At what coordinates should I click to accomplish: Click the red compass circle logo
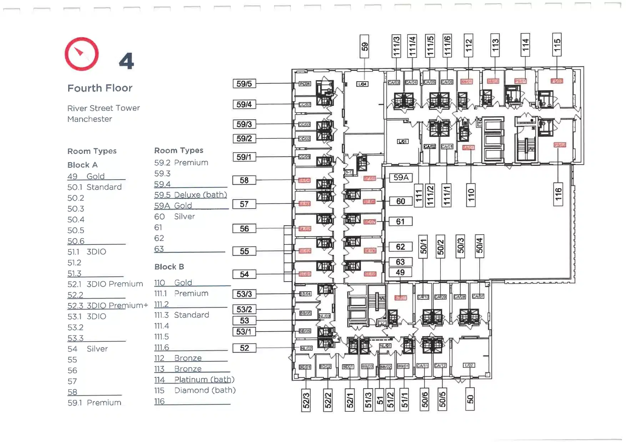click(82, 54)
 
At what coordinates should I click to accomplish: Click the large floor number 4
click(126, 61)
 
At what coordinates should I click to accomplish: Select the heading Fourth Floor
click(100, 88)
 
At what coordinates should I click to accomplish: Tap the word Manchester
click(90, 119)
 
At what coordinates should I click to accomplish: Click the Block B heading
click(169, 267)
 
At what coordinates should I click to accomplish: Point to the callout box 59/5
click(244, 84)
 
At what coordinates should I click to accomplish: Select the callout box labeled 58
click(244, 180)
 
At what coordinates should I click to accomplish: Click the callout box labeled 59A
click(401, 178)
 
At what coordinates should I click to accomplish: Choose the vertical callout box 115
click(557, 45)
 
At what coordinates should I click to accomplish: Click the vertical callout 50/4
click(479, 246)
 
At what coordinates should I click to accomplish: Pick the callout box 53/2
click(244, 309)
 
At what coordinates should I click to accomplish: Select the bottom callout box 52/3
click(306, 400)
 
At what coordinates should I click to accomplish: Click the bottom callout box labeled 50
click(470, 399)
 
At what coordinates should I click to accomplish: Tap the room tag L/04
click(362, 84)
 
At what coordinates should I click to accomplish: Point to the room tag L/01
click(403, 142)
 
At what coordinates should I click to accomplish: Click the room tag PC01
click(304, 84)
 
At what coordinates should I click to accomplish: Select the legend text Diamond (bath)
click(205, 390)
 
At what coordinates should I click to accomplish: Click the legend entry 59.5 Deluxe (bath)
click(191, 195)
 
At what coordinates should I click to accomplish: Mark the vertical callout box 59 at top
click(364, 46)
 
